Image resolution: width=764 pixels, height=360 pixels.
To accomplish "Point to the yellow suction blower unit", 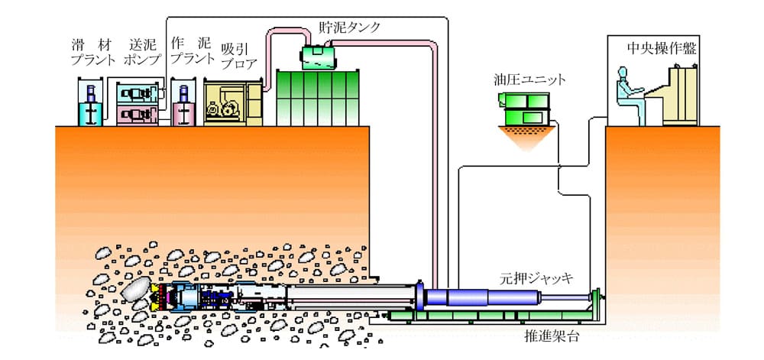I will click(x=232, y=104).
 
